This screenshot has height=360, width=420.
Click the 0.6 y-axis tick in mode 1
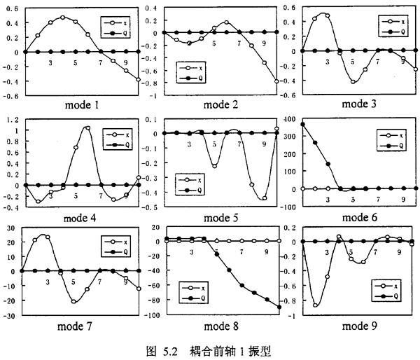(13, 6)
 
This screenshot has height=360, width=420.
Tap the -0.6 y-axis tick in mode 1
(11, 94)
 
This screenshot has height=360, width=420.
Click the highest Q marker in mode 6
(302, 125)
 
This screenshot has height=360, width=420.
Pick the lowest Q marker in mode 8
(279, 307)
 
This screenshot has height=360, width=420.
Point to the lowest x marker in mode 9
(315, 305)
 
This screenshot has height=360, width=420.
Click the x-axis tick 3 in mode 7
(48, 282)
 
